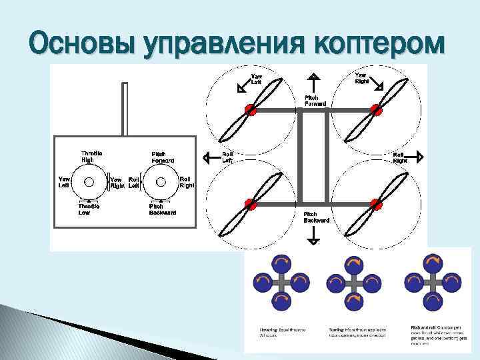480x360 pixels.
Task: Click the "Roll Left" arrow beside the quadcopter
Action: pyautogui.click(x=208, y=157)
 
